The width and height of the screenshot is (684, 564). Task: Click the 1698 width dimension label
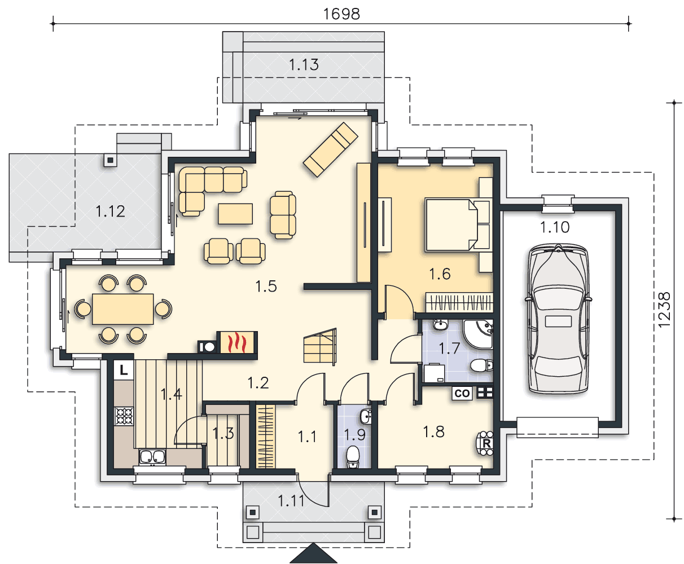click(341, 14)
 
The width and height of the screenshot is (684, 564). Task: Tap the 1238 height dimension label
click(664, 310)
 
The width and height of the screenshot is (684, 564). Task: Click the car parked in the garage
click(558, 318)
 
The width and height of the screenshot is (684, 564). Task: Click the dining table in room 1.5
click(123, 309)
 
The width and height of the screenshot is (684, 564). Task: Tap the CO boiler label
click(462, 393)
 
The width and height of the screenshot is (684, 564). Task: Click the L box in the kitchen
click(124, 370)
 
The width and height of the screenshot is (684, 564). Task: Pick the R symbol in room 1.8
click(486, 443)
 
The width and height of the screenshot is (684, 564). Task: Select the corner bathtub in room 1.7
click(478, 334)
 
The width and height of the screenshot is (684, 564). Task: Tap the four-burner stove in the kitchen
click(124, 416)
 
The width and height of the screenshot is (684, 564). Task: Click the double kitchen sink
click(152, 457)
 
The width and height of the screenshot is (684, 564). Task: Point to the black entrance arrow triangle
click(314, 554)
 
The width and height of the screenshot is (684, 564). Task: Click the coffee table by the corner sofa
click(235, 214)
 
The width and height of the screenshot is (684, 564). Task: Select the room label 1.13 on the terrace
click(304, 64)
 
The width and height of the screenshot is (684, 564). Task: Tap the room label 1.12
click(111, 211)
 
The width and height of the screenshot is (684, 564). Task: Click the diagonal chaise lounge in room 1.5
click(331, 149)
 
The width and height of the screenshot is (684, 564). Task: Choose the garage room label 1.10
click(555, 227)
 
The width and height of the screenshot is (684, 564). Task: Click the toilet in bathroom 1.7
click(481, 365)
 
